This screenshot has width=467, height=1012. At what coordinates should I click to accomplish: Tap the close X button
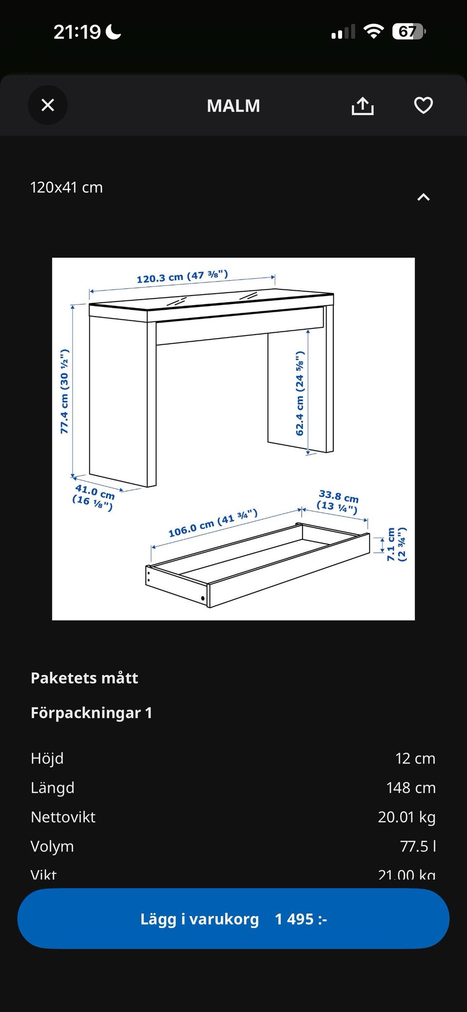(x=48, y=105)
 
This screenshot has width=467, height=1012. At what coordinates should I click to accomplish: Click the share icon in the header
(x=362, y=106)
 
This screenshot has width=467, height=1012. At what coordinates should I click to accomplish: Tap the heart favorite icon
(x=423, y=105)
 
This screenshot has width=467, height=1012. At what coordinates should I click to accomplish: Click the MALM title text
(x=233, y=106)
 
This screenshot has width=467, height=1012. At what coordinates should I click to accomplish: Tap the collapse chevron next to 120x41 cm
(x=423, y=197)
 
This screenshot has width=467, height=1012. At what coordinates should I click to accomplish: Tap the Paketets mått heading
(x=84, y=678)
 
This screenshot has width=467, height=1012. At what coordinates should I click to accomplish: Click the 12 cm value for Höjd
(x=415, y=758)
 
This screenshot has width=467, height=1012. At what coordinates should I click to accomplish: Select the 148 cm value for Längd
(x=411, y=787)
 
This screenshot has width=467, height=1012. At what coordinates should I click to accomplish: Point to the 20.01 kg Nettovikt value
(x=406, y=817)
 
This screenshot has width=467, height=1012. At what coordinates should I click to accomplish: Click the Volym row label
(x=52, y=846)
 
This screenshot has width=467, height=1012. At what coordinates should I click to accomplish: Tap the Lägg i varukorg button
(x=233, y=919)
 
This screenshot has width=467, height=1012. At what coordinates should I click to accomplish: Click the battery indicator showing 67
(x=408, y=32)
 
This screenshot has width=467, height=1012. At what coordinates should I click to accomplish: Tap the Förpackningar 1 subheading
(x=91, y=713)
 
